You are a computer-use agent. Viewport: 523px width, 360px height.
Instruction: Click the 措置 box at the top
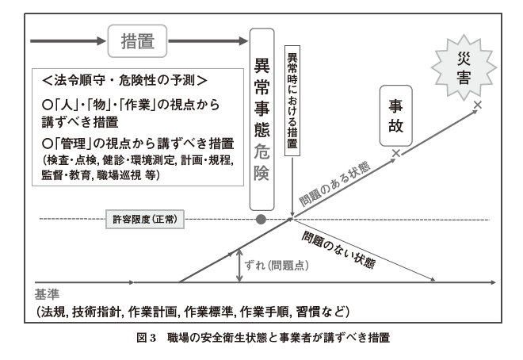[x=139, y=39]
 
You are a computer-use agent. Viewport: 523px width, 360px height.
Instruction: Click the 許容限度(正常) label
[x=145, y=218]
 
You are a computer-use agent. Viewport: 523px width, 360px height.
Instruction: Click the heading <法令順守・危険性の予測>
[x=126, y=80]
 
